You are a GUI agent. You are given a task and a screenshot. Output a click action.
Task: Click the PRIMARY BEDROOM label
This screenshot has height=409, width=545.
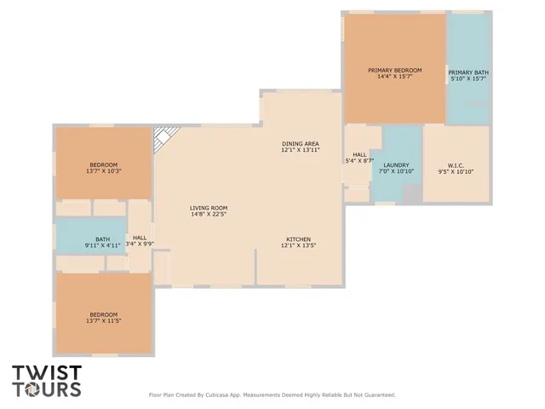coord(394,70)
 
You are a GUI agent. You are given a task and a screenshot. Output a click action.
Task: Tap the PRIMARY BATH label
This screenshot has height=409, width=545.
coord(468,72)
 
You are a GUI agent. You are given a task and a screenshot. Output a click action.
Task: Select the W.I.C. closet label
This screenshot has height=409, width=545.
coord(456,165)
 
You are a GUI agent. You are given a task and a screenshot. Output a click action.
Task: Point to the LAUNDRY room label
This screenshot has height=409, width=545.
coord(396,165)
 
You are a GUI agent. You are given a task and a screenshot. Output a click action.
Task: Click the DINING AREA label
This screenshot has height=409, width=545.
coord(301,143)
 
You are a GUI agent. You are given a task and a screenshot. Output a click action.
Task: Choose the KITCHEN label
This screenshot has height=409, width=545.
coord(298,239)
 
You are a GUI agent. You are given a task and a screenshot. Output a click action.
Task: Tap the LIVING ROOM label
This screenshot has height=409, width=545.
coord(209,208)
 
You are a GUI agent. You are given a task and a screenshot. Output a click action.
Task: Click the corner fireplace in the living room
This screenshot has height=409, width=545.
coord(163,138)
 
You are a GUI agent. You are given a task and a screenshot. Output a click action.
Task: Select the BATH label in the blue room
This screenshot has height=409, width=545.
coord(102,239)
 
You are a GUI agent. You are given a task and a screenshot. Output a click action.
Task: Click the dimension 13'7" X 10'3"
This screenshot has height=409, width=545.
coord(104,171)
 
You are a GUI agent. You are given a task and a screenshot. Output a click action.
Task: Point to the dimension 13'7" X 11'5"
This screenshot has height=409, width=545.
coord(104,321)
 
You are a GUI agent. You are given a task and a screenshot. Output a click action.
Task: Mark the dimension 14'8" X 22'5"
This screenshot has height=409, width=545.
coord(209,215)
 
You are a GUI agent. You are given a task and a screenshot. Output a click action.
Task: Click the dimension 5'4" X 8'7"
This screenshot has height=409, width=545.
coord(359,161)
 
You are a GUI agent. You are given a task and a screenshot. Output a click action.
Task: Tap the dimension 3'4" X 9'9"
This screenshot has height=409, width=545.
coord(140,245)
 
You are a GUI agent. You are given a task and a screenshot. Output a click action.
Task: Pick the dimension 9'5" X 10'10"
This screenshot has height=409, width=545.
coord(456,172)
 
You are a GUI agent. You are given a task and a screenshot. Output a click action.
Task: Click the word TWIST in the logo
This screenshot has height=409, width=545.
coord(46,372)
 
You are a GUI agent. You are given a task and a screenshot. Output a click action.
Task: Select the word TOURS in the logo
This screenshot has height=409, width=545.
coord(46,389)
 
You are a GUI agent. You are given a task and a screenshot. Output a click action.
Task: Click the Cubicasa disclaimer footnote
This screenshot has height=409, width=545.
coord(272,395)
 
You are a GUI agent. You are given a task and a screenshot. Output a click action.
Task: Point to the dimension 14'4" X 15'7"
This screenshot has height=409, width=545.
coord(394,77)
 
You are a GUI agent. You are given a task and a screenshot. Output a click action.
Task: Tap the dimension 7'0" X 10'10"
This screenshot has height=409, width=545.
coord(396,172)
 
